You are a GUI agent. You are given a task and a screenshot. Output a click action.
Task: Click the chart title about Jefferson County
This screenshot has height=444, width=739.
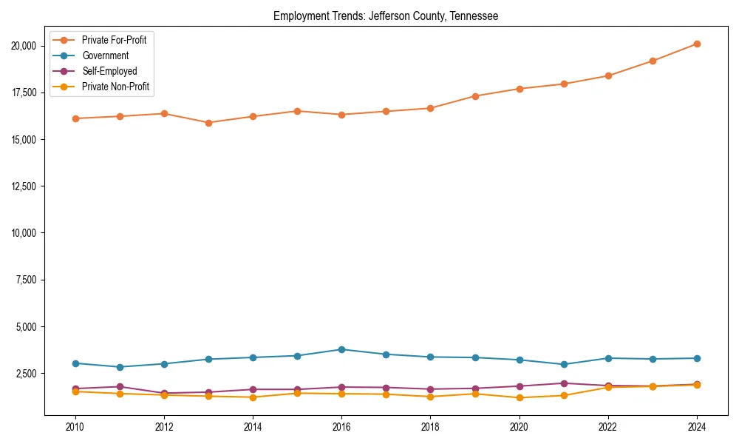tap(386, 16)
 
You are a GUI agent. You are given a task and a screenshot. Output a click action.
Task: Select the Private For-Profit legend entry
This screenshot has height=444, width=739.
tap(114, 40)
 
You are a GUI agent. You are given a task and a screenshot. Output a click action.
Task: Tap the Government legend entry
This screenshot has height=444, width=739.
tap(105, 55)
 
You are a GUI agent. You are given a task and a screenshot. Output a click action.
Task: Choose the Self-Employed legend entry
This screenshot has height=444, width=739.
tap(109, 71)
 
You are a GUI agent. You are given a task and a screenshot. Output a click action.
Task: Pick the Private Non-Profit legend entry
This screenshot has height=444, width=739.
tap(115, 87)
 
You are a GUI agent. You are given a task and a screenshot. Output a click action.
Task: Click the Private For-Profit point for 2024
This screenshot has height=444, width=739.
tap(697, 44)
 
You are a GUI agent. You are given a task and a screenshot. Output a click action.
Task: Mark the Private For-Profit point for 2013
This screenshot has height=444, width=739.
tap(208, 123)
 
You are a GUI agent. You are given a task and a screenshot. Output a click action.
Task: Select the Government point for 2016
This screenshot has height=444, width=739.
tap(341, 349)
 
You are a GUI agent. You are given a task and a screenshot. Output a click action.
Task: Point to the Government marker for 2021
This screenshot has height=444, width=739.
tap(564, 364)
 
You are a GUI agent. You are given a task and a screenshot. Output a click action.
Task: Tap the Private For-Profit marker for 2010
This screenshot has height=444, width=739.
tap(75, 118)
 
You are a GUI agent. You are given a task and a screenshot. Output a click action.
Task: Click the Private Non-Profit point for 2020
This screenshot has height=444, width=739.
tap(520, 398)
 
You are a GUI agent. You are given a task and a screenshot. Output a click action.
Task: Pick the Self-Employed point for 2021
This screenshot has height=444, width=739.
tap(564, 383)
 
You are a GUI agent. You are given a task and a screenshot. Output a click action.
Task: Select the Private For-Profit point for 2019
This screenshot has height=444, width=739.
tap(475, 96)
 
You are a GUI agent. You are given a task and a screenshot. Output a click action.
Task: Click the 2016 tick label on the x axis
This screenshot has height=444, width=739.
tap(341, 427)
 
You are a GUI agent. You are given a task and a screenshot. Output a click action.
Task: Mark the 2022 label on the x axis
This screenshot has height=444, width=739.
tap(608, 427)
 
